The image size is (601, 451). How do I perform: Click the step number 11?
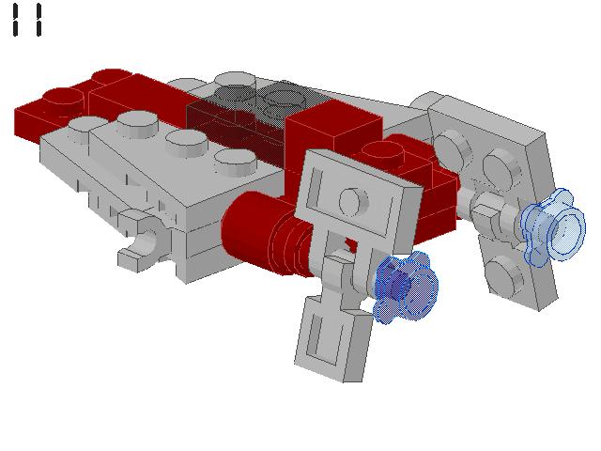pyautogui.click(x=27, y=20)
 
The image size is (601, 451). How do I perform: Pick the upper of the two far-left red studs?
pyautogui.click(x=111, y=77)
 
